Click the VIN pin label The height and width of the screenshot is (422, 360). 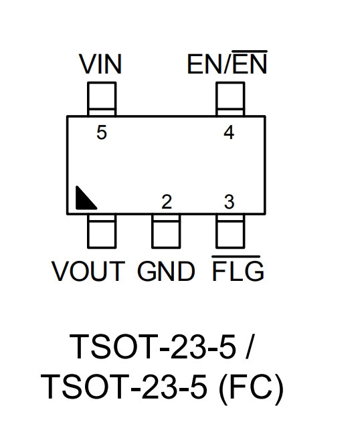point(100,64)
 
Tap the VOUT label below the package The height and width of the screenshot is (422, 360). point(88,271)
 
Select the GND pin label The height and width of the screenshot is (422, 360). point(166,271)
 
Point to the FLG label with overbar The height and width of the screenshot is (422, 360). point(238,269)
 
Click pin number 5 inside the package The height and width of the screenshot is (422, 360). point(102,132)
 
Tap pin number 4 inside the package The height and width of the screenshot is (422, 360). point(229,132)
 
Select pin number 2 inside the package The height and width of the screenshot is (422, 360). point(167,202)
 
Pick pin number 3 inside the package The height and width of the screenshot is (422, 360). point(229,202)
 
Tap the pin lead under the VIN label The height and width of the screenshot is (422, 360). point(102,99)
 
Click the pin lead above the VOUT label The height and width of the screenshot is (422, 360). point(102,231)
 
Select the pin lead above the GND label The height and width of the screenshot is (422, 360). point(166,231)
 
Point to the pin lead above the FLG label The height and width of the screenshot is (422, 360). point(230,231)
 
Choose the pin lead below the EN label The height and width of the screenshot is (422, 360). point(230,99)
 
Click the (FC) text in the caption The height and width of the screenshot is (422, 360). point(251,387)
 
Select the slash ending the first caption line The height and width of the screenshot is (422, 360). point(250,346)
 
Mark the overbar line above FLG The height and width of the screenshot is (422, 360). point(236,257)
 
